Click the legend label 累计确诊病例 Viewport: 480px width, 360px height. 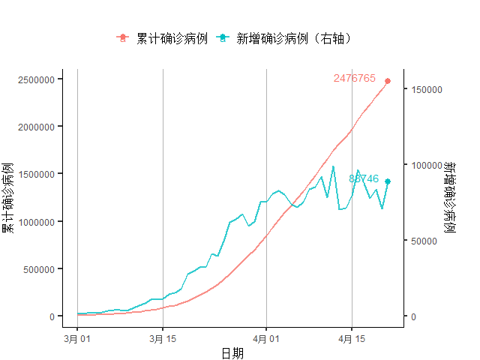[x=172, y=37]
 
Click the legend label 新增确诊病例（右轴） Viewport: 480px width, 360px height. [x=294, y=37]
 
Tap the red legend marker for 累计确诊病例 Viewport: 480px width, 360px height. [x=122, y=37]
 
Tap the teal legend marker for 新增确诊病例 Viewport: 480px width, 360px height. [x=222, y=37]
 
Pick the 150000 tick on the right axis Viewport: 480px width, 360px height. [x=426, y=89]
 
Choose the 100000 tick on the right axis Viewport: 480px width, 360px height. [x=426, y=165]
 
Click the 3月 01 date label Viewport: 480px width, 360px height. [x=77, y=338]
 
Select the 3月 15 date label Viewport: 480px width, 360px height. [x=163, y=338]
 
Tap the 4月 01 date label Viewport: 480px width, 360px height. [x=266, y=338]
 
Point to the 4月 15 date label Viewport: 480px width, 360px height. [x=352, y=338]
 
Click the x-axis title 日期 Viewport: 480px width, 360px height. [x=232, y=353]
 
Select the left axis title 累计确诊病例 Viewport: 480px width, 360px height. [x=8, y=197]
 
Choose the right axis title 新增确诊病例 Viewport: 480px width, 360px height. [x=449, y=197]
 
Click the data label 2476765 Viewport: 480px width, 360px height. [x=355, y=79]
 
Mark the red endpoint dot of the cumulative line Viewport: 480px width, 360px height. [x=388, y=81]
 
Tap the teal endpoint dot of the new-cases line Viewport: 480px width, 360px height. [x=388, y=181]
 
